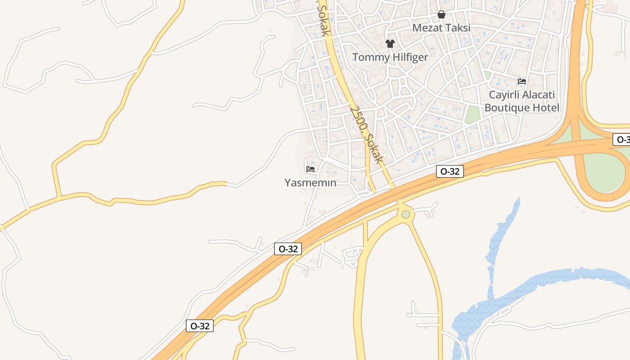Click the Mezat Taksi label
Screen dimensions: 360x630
441,28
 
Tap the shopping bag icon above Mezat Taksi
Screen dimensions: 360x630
441,14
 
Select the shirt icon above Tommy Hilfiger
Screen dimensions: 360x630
390,44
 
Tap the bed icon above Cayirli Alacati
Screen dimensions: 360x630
522,81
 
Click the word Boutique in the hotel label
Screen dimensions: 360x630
507,108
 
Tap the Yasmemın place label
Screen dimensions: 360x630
310,183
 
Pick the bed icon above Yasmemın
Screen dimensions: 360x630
310,169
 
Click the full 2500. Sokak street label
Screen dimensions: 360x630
367,135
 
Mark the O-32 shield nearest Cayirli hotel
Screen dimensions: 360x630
450,171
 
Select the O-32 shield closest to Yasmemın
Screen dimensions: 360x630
288,249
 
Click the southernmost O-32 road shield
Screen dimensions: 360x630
200,326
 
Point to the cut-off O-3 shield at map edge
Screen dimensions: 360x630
621,139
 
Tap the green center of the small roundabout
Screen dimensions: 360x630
406,214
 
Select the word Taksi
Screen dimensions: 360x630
458,28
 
